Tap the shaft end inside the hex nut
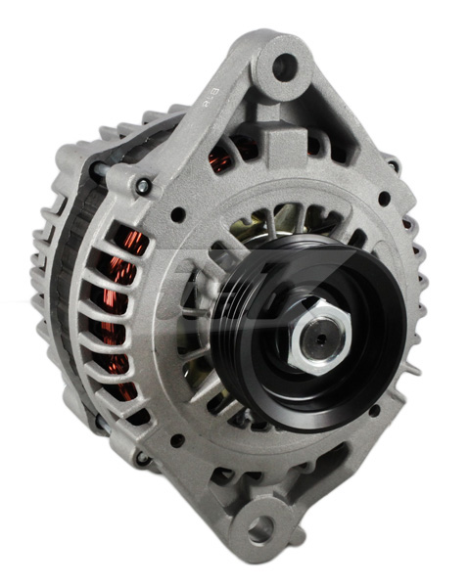(319, 340)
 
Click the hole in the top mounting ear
(284, 67)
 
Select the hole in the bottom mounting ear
(260, 529)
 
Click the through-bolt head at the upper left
(143, 186)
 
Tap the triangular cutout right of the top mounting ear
(338, 117)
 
